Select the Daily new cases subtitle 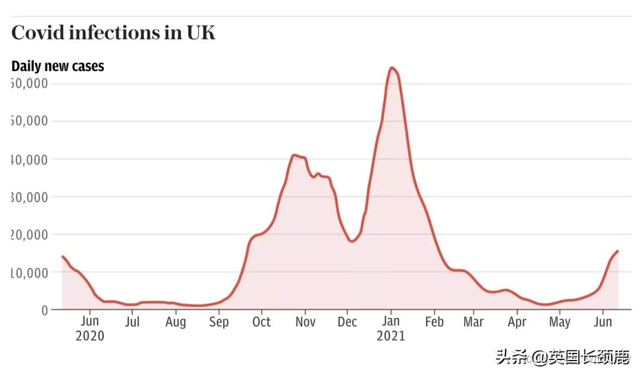[57, 66]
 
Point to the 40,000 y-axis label [30, 159]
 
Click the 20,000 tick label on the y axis [30, 234]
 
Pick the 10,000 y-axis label [30, 272]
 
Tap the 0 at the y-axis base [43, 310]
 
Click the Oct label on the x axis [261, 322]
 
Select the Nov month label [305, 322]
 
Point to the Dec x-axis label [347, 322]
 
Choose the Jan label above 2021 [391, 322]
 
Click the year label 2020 [89, 336]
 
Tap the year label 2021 [391, 336]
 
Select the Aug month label [175, 322]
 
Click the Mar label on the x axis [473, 322]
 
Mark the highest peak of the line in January [392, 68]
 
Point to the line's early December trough [351, 241]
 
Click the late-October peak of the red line [294, 155]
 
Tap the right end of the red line [618, 251]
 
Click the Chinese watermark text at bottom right [562, 358]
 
